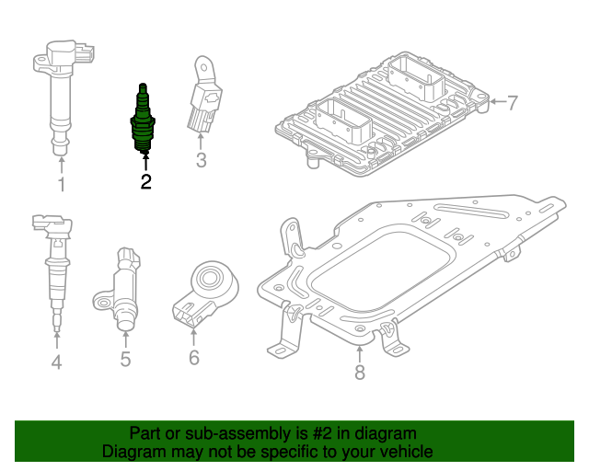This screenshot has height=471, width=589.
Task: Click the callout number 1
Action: [62, 186]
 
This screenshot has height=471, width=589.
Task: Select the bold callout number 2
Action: [145, 181]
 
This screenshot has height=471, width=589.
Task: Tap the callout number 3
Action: [201, 163]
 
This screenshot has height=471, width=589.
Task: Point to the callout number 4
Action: [56, 362]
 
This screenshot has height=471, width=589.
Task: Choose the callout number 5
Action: [125, 359]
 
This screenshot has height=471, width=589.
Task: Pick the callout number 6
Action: [193, 358]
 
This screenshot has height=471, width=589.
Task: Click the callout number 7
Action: [513, 101]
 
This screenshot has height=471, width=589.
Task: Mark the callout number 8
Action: [359, 372]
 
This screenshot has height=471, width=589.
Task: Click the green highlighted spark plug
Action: [143, 120]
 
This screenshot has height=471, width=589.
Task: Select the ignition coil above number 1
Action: [60, 92]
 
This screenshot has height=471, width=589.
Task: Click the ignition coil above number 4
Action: [53, 267]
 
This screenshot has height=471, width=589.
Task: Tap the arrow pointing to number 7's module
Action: [497, 101]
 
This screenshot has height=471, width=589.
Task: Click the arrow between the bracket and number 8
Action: [359, 354]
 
